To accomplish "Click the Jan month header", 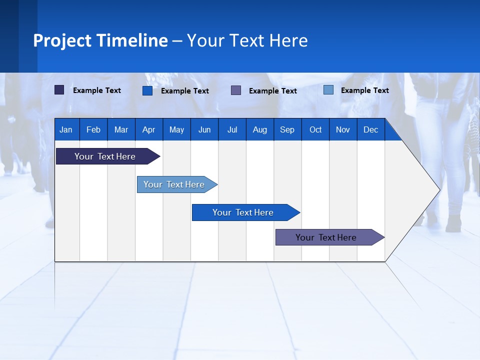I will pyautogui.click(x=66, y=129).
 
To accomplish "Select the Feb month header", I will pyautogui.click(x=93, y=129).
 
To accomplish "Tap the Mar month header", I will pyautogui.click(x=121, y=129).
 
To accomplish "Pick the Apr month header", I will pyautogui.click(x=148, y=129).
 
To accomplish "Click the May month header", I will pyautogui.click(x=176, y=129).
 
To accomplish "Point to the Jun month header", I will pyautogui.click(x=204, y=129).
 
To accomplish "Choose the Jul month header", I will pyautogui.click(x=232, y=129).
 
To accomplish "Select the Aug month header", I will pyautogui.click(x=260, y=129).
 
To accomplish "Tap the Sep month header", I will pyautogui.click(x=287, y=129).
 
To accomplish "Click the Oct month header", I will pyautogui.click(x=315, y=129).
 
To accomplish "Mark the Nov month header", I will pyautogui.click(x=343, y=129).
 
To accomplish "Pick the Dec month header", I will pyautogui.click(x=371, y=129).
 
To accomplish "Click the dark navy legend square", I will pyautogui.click(x=59, y=90).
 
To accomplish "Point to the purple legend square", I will pyautogui.click(x=236, y=90).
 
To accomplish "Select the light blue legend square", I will pyautogui.click(x=328, y=90).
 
